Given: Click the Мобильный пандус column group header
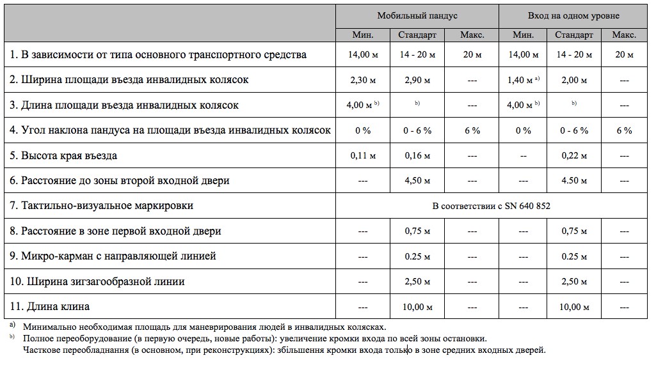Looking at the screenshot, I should point(417,15).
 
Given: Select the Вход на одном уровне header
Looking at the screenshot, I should point(573,15).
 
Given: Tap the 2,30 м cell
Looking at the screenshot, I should point(363,80).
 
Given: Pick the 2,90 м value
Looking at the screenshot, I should point(417,80).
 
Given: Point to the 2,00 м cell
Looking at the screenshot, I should point(574,80).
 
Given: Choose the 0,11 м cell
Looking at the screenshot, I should point(363,155).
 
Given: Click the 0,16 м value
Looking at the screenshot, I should point(417,155).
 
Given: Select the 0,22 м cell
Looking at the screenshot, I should point(574,155).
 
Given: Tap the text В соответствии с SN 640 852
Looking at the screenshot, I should point(491,206).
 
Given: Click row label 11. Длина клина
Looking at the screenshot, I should point(50,307).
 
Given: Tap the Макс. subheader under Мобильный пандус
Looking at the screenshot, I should point(472,35).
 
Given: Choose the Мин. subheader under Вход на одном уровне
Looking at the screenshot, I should point(523,35).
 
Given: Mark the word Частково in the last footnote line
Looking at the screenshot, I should point(42,350).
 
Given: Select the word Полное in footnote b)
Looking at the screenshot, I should point(38,338).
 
